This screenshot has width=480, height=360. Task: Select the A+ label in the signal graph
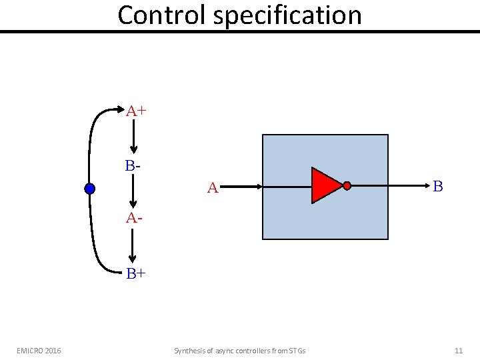tap(136, 111)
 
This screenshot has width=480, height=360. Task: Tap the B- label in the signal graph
tap(133, 165)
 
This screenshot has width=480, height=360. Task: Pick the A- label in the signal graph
tap(134, 218)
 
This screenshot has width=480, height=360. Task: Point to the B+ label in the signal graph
tap(136, 273)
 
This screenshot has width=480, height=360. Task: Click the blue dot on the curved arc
tap(90, 189)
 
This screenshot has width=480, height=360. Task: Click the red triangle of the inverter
tap(325, 185)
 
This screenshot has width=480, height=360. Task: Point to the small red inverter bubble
tap(347, 185)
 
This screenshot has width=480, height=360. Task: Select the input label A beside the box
tap(213, 189)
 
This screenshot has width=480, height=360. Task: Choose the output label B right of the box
tap(437, 187)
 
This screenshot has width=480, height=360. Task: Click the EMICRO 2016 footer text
tap(39, 351)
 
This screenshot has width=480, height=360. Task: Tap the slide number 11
tap(458, 351)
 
